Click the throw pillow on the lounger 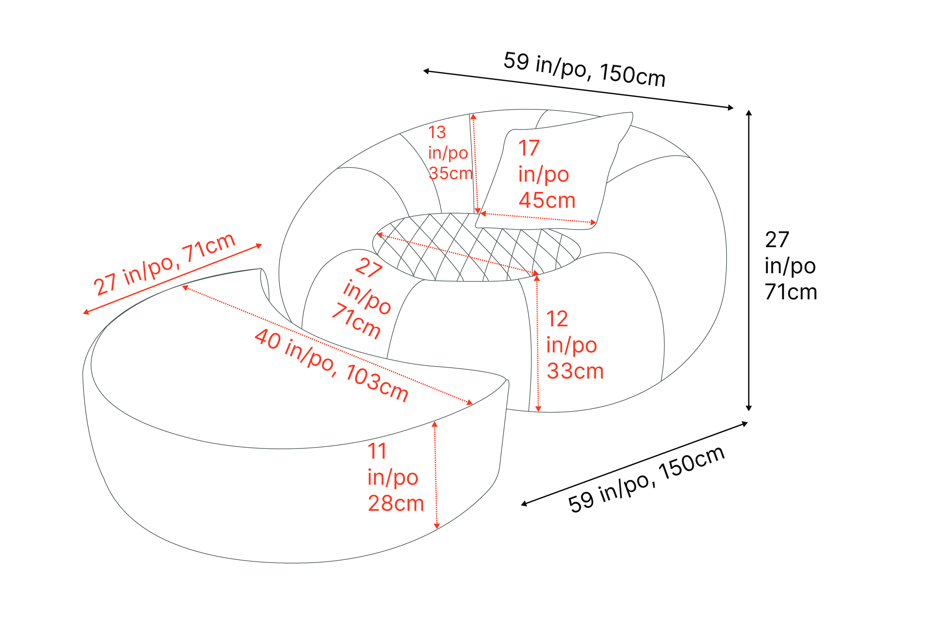pos(554,174)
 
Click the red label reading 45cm pos(547,200)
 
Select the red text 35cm pos(451,174)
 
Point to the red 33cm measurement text pos(575,371)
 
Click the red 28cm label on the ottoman pos(396,503)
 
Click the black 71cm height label pos(791,292)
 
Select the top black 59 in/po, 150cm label pos(584,69)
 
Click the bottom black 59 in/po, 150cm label pos(646,479)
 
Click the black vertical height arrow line pos(749,260)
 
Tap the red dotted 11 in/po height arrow pos(435,475)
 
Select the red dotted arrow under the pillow pos(538,218)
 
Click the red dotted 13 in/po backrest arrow pos(475,164)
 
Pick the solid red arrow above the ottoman pos(173,279)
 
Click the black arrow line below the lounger pos(634,464)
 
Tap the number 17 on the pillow pos(529,148)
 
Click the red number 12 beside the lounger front pos(557,319)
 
